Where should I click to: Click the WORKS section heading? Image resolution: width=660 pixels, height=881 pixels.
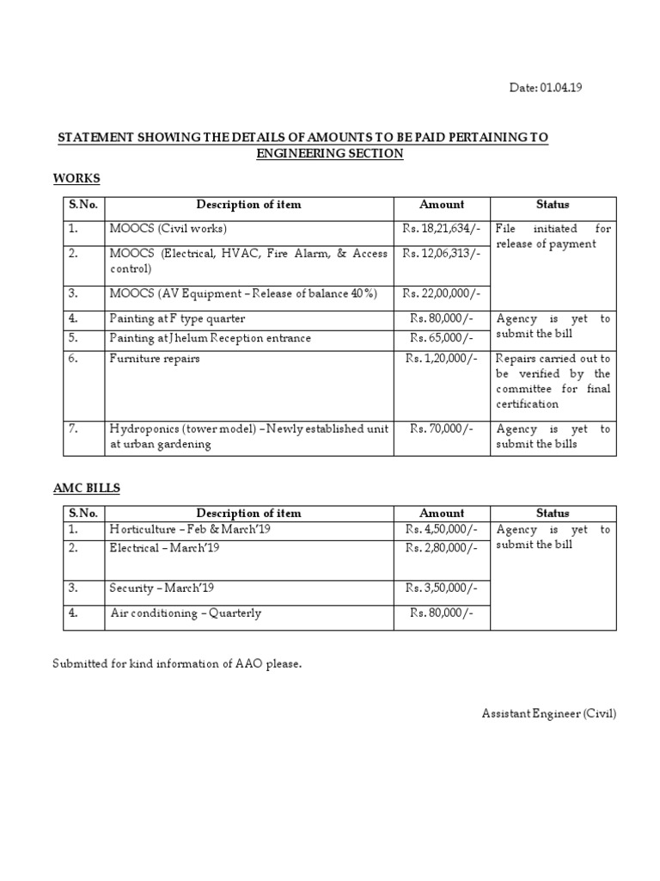point(76,178)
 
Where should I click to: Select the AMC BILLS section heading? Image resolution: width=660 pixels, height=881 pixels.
point(87,488)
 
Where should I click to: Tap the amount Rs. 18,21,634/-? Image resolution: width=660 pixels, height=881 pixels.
point(441,230)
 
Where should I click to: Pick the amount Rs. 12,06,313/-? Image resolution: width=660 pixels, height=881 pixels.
point(441,254)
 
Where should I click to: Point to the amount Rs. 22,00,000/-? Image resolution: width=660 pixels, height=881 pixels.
point(441,293)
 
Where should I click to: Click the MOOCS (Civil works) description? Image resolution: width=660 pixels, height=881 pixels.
point(168,230)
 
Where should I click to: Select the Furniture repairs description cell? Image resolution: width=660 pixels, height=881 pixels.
point(154,358)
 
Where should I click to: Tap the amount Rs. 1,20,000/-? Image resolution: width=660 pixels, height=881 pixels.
point(442,358)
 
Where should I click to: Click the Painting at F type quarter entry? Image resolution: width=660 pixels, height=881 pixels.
point(177,318)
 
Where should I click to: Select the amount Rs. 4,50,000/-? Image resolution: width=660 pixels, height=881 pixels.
point(442,530)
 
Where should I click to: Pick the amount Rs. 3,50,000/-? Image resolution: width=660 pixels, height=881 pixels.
point(442,588)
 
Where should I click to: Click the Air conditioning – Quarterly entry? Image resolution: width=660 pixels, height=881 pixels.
point(186,613)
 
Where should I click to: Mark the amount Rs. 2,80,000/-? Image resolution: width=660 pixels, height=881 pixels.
point(442,548)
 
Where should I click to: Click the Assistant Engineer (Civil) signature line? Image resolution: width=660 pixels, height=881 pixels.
point(548,713)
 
